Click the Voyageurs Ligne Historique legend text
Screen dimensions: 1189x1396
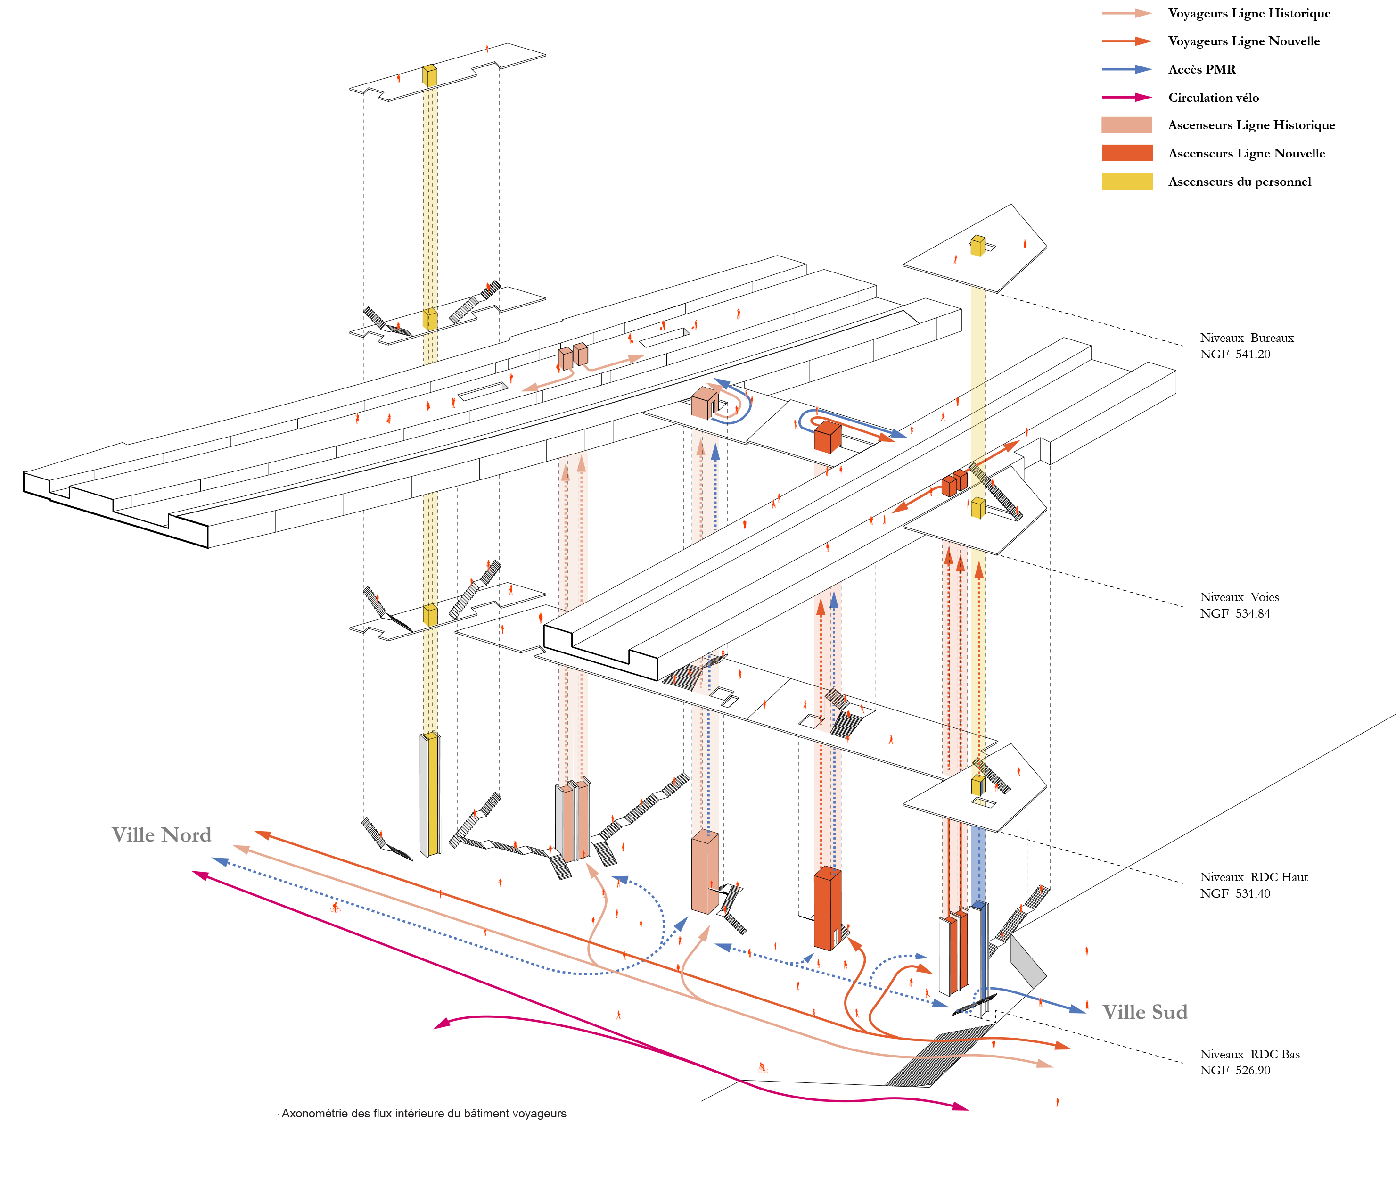1248,14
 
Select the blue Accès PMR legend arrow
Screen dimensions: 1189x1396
1126,69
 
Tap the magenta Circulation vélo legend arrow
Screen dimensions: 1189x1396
1126,98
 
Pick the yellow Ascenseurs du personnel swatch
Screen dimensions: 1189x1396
1126,182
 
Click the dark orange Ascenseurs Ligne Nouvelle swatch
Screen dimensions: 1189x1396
1126,153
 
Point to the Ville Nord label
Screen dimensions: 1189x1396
162,835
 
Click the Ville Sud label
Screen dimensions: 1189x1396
1145,1012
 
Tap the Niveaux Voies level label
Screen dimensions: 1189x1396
1238,597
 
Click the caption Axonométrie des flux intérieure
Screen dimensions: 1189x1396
424,1114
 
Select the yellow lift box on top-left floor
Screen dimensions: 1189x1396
429,75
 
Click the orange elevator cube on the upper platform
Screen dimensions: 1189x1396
827,436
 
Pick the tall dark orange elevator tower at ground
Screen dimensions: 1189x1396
827,910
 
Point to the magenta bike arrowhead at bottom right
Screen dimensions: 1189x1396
960,1106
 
